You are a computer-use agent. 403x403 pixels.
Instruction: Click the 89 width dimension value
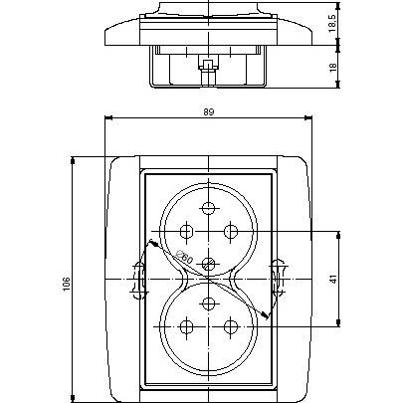point(209,111)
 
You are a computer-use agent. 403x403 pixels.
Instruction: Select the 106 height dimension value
point(67,284)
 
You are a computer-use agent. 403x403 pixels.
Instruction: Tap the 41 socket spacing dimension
point(333,279)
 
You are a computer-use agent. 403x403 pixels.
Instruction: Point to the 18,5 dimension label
point(332,23)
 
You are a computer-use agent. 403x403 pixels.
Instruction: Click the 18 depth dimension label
point(333,68)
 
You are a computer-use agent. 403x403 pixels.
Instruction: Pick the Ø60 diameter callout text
point(184,258)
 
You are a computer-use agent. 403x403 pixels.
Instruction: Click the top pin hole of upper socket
point(208,208)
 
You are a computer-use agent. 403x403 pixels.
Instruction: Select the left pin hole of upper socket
point(186,231)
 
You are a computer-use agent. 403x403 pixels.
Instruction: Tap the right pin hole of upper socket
point(231,231)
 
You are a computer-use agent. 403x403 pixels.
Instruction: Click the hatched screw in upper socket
point(209,264)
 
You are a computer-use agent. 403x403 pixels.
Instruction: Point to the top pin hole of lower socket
point(208,302)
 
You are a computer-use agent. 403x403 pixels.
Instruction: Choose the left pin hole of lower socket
point(186,327)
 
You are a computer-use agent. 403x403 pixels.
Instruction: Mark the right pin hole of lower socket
point(231,327)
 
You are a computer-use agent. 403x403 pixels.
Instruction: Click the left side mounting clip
point(139,280)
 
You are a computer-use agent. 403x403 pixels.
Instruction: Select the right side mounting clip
point(278,278)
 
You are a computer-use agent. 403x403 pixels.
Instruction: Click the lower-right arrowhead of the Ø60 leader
point(266,316)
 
